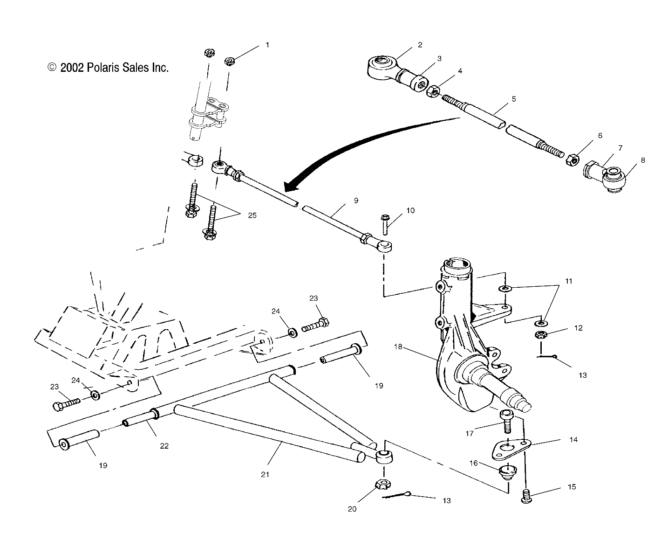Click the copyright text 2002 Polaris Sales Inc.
pyautogui.click(x=108, y=68)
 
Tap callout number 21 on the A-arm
pyautogui.click(x=265, y=474)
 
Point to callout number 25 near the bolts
pyautogui.click(x=252, y=215)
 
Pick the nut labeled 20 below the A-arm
pyautogui.click(x=382, y=486)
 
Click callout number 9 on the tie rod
pyautogui.click(x=356, y=201)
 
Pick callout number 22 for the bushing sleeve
pyautogui.click(x=164, y=446)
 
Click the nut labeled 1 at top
pyautogui.click(x=229, y=61)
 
